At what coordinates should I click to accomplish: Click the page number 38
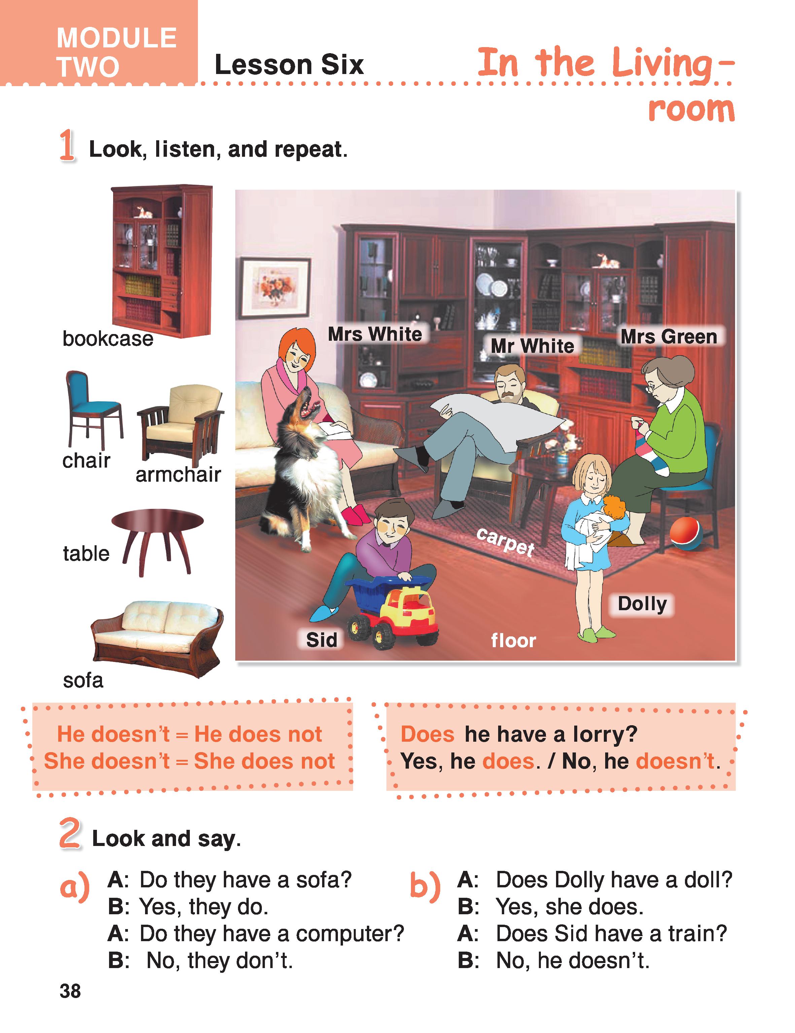pyautogui.click(x=70, y=991)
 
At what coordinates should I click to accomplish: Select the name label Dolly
pyautogui.click(x=642, y=604)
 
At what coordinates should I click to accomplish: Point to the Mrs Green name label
pyautogui.click(x=669, y=337)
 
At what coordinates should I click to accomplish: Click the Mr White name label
pyautogui.click(x=532, y=346)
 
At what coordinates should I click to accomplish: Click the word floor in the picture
pyautogui.click(x=513, y=640)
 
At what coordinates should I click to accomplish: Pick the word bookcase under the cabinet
pyautogui.click(x=108, y=339)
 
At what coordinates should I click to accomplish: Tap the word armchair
pyautogui.click(x=178, y=474)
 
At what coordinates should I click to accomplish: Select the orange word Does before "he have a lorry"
pyautogui.click(x=427, y=734)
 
